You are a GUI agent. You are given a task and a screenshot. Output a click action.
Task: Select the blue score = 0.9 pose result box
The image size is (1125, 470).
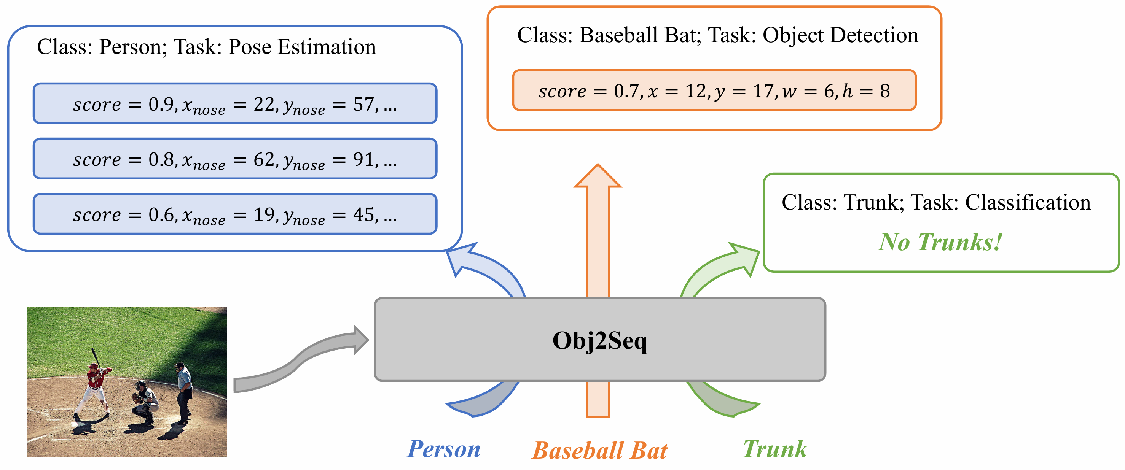[235, 104]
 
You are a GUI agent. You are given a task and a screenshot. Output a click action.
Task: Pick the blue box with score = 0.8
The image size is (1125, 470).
[235, 159]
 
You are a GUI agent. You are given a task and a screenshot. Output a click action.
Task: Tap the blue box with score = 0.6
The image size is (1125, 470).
[235, 214]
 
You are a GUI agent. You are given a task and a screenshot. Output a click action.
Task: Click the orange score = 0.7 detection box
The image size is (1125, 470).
[714, 91]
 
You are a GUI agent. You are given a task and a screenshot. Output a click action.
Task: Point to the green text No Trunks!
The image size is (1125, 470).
[940, 242]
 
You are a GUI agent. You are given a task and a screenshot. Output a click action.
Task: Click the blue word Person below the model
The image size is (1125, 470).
[443, 449]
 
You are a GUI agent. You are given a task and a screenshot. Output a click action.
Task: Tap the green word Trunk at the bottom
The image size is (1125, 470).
[775, 449]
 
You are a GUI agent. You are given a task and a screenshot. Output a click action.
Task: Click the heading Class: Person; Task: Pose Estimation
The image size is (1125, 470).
[206, 47]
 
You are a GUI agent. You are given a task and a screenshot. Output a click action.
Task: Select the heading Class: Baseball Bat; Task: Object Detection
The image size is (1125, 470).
[717, 35]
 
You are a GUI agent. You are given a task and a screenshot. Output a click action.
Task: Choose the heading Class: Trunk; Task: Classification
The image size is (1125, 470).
[935, 202]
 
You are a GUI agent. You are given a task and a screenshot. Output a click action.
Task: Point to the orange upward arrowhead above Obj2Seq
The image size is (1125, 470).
[598, 178]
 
